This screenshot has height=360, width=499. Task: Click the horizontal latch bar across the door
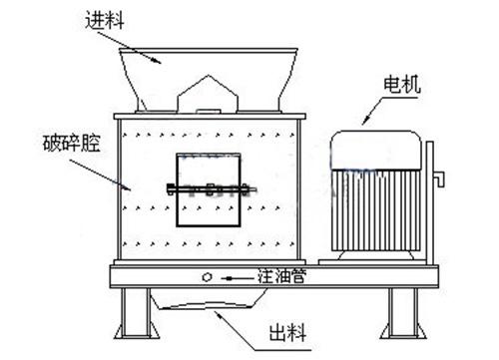209,186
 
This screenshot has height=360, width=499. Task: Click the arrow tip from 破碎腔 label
129,186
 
